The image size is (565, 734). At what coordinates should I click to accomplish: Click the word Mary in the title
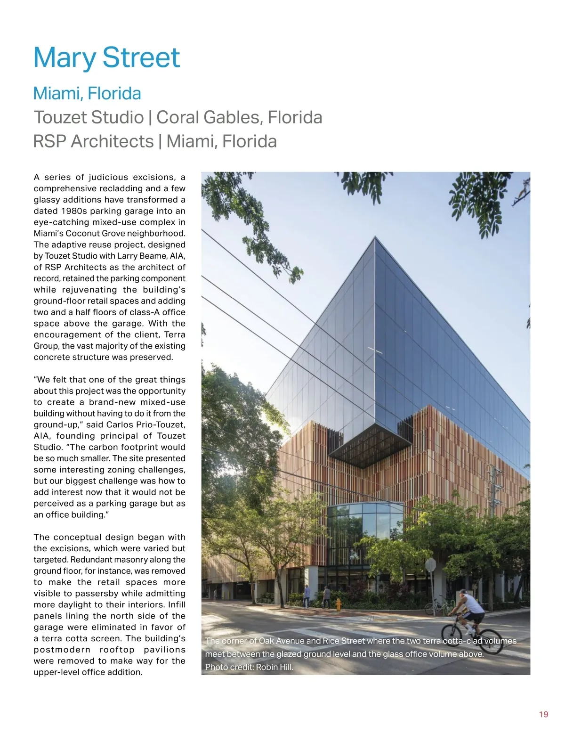coord(65,58)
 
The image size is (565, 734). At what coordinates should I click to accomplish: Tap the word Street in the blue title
coord(141,58)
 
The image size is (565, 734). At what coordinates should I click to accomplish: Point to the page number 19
coord(543,714)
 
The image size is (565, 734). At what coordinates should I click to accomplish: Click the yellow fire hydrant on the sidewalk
coord(338,604)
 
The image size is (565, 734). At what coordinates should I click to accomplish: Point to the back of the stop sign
coord(430,565)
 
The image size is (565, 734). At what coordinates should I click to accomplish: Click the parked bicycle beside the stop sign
coord(438,606)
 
